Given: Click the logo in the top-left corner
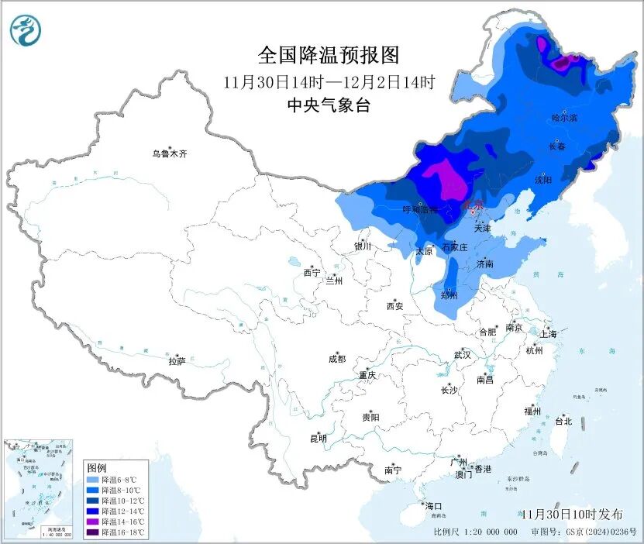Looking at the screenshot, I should (25, 30).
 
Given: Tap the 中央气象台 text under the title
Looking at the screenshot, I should (329, 105).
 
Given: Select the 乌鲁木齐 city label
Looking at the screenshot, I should (169, 154).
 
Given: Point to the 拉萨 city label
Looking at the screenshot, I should (177, 361).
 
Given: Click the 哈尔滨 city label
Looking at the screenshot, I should (564, 118).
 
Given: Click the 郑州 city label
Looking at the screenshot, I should (448, 295).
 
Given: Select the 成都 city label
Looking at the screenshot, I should (337, 359).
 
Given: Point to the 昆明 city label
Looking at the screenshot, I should (319, 439).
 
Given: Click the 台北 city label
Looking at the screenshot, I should (563, 422).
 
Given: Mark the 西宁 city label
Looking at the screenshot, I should (312, 273).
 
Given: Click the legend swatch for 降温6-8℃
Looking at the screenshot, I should (93, 480).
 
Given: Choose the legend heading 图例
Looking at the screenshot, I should (96, 468).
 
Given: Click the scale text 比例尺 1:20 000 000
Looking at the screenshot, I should (475, 532).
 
